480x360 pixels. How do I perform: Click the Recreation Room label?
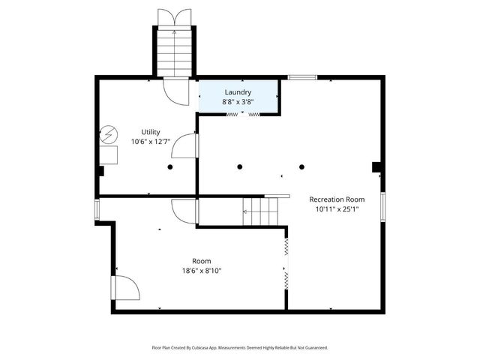coord(337,199)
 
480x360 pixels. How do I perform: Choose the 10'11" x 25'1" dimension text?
coord(337,210)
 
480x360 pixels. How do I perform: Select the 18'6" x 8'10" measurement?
coord(201,271)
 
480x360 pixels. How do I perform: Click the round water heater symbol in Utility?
coord(108,135)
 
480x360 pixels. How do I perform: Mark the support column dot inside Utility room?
coord(171,166)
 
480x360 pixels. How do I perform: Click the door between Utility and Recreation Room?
coord(191,147)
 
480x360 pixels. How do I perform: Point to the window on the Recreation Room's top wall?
coord(301,76)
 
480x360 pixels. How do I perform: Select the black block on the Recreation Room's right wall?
coord(378,167)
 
